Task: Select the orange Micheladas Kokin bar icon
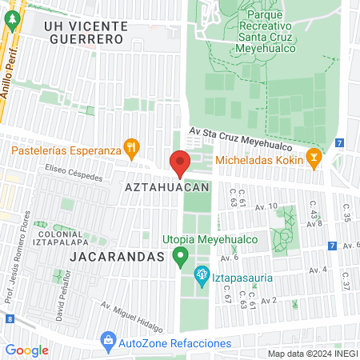point(314,158)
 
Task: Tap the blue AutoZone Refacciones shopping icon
point(107,342)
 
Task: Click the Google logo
point(26,350)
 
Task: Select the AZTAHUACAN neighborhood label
point(167,186)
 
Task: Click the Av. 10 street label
point(266,206)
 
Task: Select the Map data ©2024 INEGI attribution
point(312,353)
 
